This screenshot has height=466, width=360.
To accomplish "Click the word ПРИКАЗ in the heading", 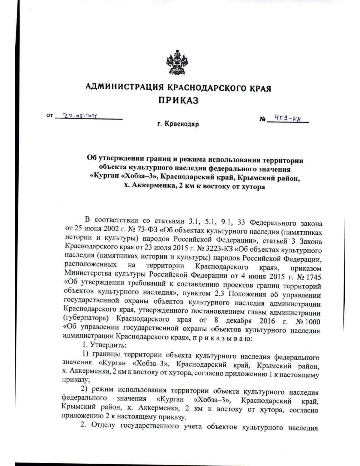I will point(178,101).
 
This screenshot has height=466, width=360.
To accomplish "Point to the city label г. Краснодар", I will point(178,124).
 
